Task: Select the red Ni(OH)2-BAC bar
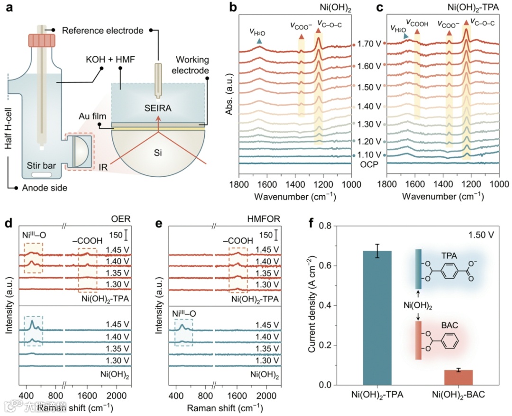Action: tap(458, 377)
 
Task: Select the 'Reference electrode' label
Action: tap(102, 31)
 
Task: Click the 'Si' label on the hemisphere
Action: tap(157, 154)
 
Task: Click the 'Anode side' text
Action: tap(45, 188)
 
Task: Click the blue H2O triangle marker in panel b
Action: tap(259, 42)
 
